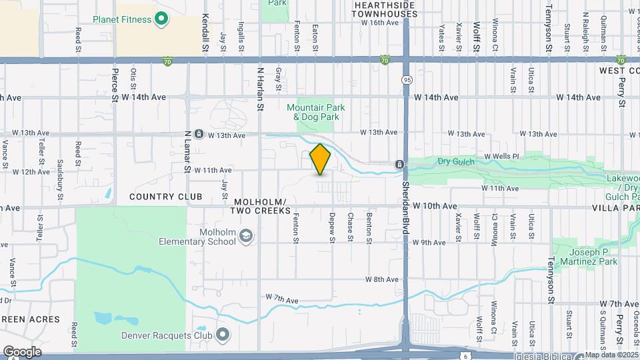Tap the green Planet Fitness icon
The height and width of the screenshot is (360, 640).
click(161, 19)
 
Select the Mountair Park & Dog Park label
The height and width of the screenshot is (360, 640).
click(313, 112)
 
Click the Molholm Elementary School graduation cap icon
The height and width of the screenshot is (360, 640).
click(247, 236)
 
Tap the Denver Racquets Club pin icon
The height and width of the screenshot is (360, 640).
click(223, 335)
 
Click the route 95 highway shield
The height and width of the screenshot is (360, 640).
click(406, 80)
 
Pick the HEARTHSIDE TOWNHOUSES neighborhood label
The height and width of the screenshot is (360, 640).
click(384, 9)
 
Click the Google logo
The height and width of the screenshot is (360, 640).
click(22, 351)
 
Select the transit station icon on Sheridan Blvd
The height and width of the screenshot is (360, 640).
click(399, 164)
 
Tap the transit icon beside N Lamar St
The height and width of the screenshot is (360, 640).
click(199, 135)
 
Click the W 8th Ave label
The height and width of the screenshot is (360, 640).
click(381, 279)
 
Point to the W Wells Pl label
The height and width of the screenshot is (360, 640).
click(501, 157)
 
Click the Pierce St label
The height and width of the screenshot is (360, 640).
click(115, 85)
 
